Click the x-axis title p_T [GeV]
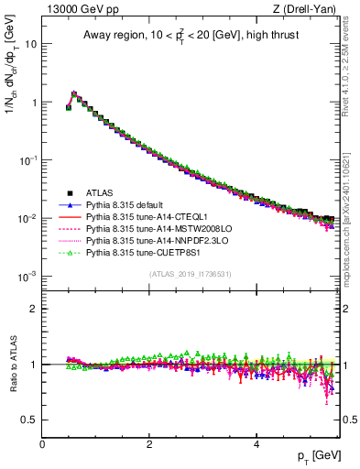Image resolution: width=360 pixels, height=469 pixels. pyautogui.click(x=316, y=456)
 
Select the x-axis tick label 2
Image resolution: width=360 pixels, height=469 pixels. pyautogui.click(x=149, y=443)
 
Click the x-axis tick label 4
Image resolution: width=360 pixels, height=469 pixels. pyautogui.click(x=256, y=443)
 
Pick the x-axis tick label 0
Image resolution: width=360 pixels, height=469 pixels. pyautogui.click(x=42, y=443)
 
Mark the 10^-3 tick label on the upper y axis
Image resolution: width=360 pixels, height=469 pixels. pyautogui.click(x=27, y=276)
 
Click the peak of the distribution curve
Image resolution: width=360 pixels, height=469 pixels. pyautogui.click(x=74, y=93)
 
